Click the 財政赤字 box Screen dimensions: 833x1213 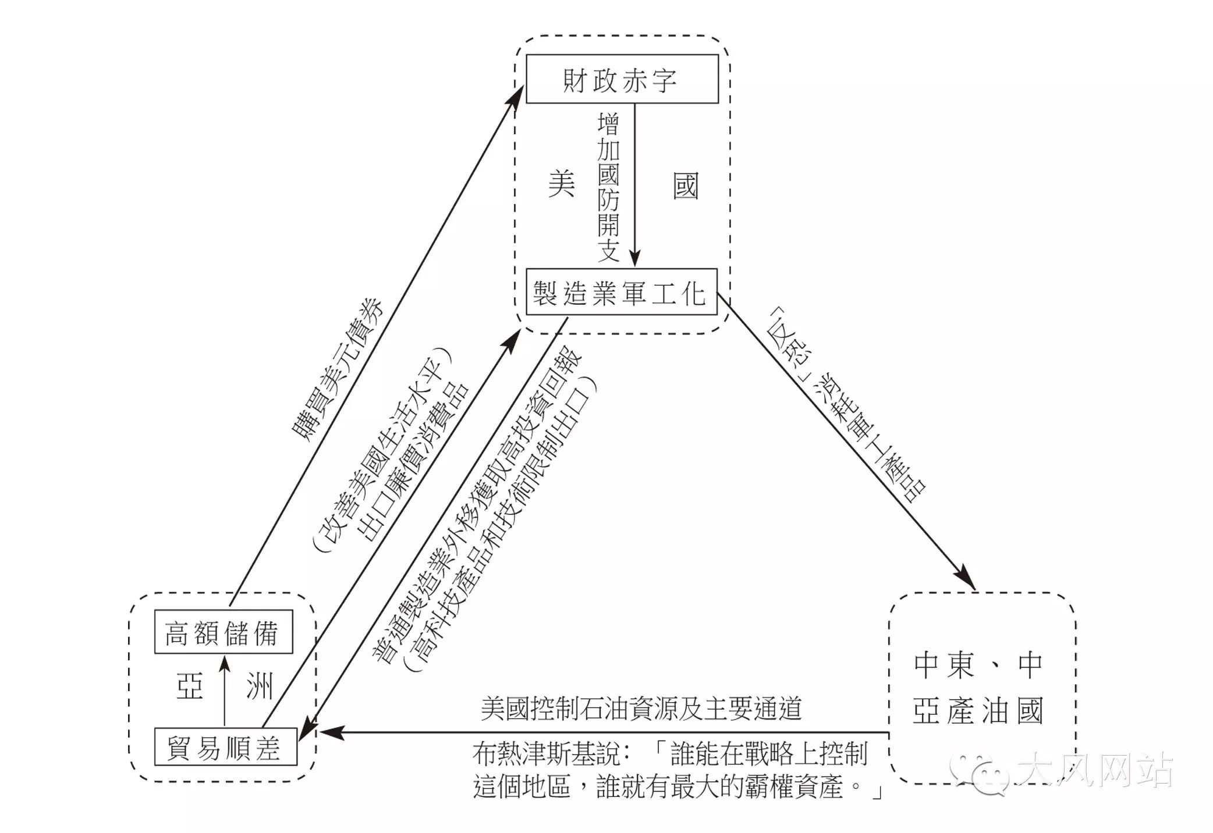622,79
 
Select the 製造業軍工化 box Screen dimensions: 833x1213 621,291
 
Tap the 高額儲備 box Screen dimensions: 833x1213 223,632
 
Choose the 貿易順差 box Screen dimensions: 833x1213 225,747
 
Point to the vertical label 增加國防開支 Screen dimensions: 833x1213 608,187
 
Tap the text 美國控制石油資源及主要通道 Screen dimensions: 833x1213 641,709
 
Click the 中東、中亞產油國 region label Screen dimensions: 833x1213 978,688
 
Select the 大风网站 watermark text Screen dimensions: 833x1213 1094,770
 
